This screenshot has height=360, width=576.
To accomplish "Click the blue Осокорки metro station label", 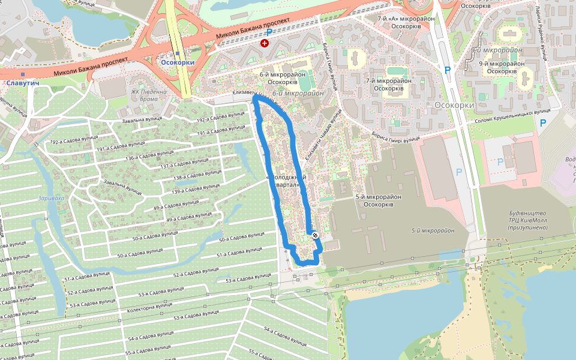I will click(x=178, y=62).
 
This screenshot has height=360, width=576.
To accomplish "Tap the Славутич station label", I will click(x=23, y=82).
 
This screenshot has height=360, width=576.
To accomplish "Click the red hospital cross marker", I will click(x=264, y=43).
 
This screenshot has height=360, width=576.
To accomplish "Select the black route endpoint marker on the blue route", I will click(x=314, y=236).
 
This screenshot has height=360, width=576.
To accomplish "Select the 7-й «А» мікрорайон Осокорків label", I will click(x=399, y=23).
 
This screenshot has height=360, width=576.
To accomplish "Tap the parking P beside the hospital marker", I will click(x=269, y=32).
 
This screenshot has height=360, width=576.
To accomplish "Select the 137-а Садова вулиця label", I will click(x=185, y=164).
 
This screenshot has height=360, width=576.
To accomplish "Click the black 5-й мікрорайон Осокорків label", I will click(x=378, y=200).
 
